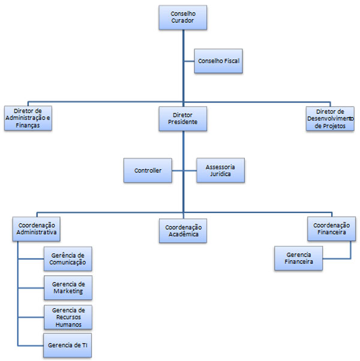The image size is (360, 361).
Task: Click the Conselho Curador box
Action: (182, 17)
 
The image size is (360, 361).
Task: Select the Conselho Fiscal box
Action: (218, 61)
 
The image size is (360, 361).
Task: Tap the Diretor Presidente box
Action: (182, 119)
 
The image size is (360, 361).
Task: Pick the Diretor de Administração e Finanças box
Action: (28, 118)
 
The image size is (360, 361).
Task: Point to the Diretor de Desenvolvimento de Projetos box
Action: (330, 119)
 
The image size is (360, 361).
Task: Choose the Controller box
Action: (148, 170)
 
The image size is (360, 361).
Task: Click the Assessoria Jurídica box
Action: (220, 170)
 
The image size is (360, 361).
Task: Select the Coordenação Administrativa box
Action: (37, 229)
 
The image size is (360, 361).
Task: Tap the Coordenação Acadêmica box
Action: (183, 231)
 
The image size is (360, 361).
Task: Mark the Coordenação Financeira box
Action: (331, 228)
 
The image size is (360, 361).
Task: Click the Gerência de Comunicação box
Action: (68, 259)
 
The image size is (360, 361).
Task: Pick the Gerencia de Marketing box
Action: (68, 288)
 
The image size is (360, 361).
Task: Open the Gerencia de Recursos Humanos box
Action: (68, 317)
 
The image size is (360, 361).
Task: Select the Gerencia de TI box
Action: (67, 345)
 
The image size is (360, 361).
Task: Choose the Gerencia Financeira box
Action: (299, 258)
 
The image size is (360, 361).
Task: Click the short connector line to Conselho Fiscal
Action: (189, 61)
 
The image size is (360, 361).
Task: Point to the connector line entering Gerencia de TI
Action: (31, 345)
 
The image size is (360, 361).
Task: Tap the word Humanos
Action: (68, 324)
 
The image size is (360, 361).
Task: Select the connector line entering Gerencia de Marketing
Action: (31, 288)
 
